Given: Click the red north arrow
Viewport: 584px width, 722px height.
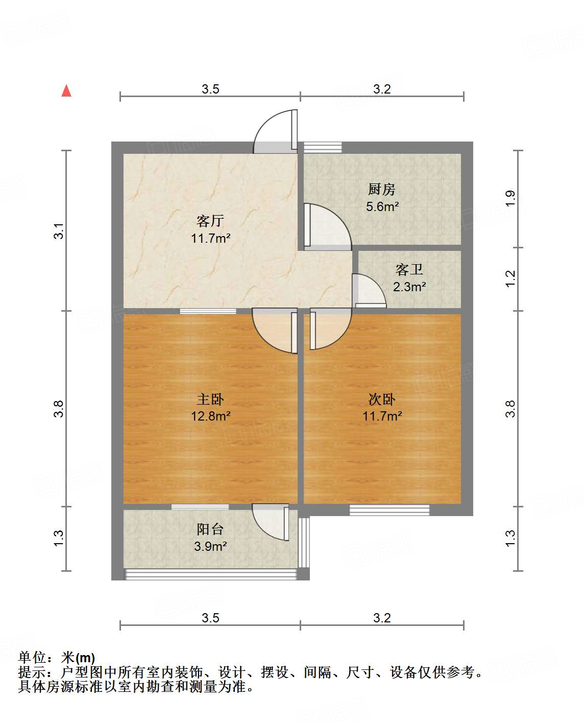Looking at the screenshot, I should click(66, 90).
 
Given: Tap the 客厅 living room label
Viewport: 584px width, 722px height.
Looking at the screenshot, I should click(210, 221).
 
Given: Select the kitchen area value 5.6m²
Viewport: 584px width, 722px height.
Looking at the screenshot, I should click(382, 206).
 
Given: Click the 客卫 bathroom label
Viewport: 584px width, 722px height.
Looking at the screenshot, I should click(409, 269).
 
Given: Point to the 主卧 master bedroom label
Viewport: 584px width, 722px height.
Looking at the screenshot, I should click(210, 399).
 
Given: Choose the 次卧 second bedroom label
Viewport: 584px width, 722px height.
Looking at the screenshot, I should click(382, 399).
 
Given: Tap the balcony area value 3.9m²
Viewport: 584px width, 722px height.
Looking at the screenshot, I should click(210, 546).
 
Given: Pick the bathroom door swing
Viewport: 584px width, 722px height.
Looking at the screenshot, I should click(368, 291).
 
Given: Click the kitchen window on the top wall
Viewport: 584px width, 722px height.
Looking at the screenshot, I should click(323, 147).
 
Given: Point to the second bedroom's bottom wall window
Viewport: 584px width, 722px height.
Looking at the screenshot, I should click(389, 509).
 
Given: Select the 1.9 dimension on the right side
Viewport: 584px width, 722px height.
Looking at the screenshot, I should click(510, 198).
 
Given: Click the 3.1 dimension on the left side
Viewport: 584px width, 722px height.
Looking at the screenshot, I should click(60, 230).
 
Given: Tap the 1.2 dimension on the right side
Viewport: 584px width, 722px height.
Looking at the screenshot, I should click(510, 278).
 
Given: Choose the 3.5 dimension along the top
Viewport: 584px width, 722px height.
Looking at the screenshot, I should click(210, 89).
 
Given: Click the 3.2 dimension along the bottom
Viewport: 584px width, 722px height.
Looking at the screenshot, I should click(382, 618).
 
